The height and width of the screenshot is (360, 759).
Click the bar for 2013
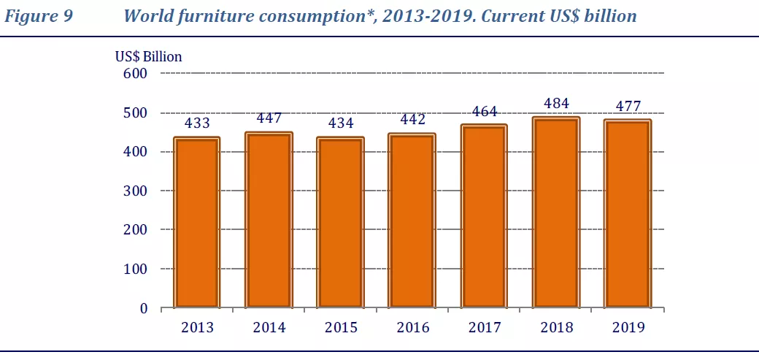tap(197, 223)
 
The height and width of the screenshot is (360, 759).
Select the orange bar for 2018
tap(557, 213)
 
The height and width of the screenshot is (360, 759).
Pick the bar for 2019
tap(628, 214)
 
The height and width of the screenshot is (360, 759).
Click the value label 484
tap(556, 104)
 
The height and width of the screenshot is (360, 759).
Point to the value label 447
tap(269, 119)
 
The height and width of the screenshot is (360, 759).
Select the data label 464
tap(485, 112)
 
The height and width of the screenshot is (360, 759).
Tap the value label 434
tap(341, 123)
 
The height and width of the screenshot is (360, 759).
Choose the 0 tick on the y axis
tap(144, 308)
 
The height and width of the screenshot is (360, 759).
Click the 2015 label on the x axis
tap(341, 328)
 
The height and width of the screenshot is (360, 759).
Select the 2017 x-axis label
tap(485, 328)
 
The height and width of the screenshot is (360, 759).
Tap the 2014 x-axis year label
tap(269, 328)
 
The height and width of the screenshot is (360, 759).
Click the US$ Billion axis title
tap(148, 56)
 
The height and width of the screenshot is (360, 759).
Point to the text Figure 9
tap(39, 16)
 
